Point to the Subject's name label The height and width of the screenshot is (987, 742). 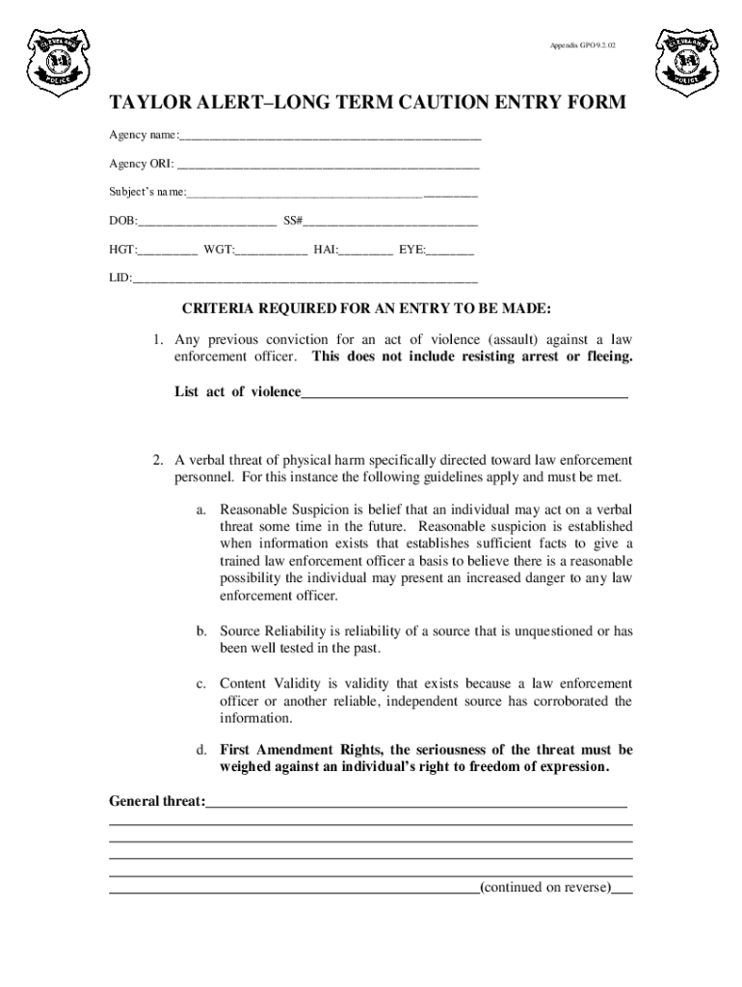(x=147, y=193)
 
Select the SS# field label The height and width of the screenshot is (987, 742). (x=293, y=221)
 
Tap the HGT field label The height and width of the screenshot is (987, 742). (x=121, y=250)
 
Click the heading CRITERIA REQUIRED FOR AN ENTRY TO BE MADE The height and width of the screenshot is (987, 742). (x=366, y=308)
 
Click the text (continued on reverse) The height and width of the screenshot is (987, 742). (x=544, y=888)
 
